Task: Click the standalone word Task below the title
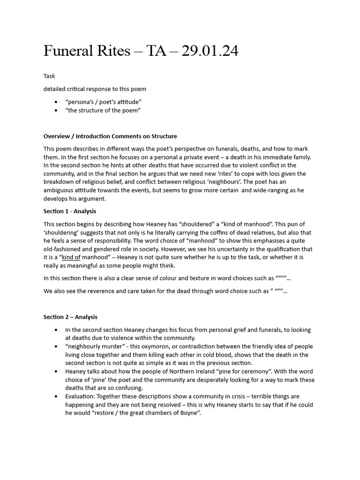(49, 76)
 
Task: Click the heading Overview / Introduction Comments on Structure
(110, 136)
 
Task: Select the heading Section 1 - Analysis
(70, 211)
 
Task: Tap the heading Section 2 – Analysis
(70, 317)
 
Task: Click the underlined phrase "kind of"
(71, 257)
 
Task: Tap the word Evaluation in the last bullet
(81, 397)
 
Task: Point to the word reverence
(106, 291)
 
